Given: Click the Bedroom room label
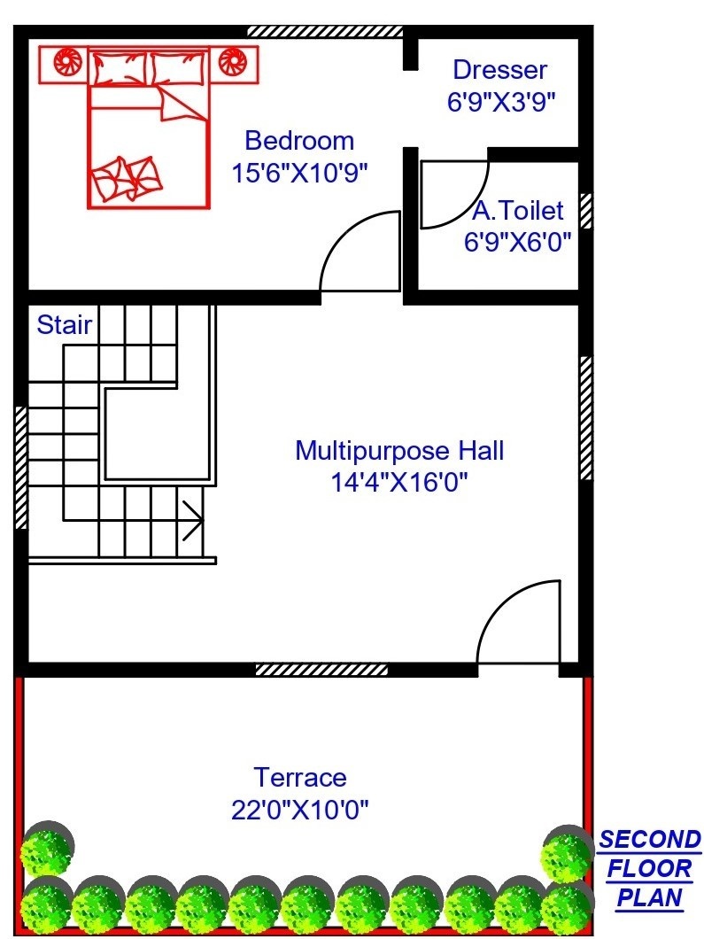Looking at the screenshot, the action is point(299,142).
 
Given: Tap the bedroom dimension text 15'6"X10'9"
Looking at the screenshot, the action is point(299,173).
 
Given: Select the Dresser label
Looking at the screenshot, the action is point(499,70).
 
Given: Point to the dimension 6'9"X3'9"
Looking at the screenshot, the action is point(502,102).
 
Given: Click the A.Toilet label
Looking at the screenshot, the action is point(518,211).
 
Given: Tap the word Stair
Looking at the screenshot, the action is point(64,324).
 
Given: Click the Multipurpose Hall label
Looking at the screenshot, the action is point(399,450).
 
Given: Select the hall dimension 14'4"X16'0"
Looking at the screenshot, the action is point(399,482).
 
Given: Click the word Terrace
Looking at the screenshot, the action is point(300,778).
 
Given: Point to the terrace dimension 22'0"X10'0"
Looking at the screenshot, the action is point(300,811).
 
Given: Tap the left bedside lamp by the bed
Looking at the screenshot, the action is point(67,62).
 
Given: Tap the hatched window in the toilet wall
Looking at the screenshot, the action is point(586,211).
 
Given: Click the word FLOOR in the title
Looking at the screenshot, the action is point(649,869).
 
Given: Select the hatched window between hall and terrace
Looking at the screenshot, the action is point(321,670).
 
